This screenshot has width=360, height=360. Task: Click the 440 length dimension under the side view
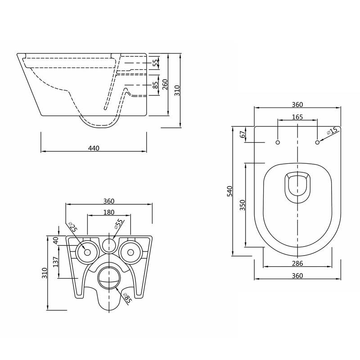(94, 148)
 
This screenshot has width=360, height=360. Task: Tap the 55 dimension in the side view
(156, 63)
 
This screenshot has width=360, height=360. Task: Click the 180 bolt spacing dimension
(109, 212)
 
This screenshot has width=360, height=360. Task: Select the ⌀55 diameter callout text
(119, 225)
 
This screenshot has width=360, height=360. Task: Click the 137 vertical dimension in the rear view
(56, 262)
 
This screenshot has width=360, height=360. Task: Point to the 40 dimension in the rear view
(56, 240)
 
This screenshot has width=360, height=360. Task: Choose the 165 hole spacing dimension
(297, 117)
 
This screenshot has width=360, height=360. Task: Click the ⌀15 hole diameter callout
(332, 131)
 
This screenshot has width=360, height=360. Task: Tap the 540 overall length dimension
(229, 191)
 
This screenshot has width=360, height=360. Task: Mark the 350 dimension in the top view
(243, 205)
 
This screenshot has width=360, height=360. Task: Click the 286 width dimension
(297, 264)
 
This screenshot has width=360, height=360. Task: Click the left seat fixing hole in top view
(277, 142)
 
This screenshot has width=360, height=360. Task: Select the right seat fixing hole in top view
(318, 142)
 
